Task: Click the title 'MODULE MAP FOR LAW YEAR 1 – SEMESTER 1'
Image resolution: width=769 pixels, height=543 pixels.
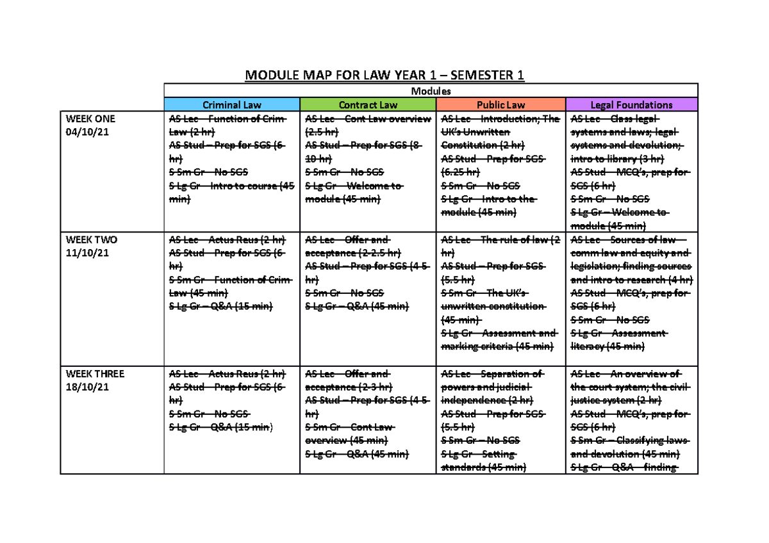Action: click(x=384, y=76)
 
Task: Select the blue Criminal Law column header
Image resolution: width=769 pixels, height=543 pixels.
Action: click(x=232, y=104)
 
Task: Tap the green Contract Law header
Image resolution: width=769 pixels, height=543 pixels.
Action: click(x=368, y=104)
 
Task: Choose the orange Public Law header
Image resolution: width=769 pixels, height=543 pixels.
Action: click(x=500, y=104)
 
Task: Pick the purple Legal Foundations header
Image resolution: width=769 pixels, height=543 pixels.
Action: click(x=631, y=104)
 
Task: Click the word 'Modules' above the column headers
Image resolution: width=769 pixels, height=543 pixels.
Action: click(x=431, y=91)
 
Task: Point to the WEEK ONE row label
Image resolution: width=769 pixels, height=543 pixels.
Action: click(x=90, y=119)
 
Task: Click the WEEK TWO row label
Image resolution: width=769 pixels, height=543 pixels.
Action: click(x=91, y=240)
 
